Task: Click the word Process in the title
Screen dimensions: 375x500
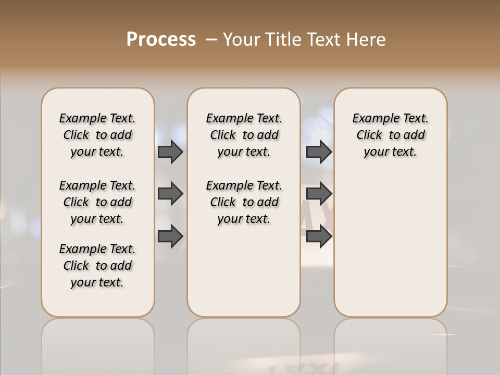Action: [x=161, y=40]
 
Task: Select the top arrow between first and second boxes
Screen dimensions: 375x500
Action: [x=170, y=152]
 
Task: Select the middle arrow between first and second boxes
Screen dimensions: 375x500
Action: [x=170, y=194]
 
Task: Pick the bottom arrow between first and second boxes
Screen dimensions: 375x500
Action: [x=170, y=236]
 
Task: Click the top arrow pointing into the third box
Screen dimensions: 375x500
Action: [x=319, y=152]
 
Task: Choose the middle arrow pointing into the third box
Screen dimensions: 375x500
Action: [x=319, y=194]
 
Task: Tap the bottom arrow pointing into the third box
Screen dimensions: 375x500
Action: [x=319, y=236]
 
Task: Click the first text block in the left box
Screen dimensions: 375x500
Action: [x=97, y=135]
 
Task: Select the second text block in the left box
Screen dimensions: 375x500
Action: [x=97, y=202]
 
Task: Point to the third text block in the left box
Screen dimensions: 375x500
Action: [x=97, y=266]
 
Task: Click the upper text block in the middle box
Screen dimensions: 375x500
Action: [x=244, y=135]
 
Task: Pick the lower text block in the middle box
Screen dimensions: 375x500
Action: [x=244, y=202]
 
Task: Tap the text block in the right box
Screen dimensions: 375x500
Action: [x=391, y=135]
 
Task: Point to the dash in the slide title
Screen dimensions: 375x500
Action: [x=211, y=40]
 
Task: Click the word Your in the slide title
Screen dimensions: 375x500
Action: [x=241, y=40]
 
